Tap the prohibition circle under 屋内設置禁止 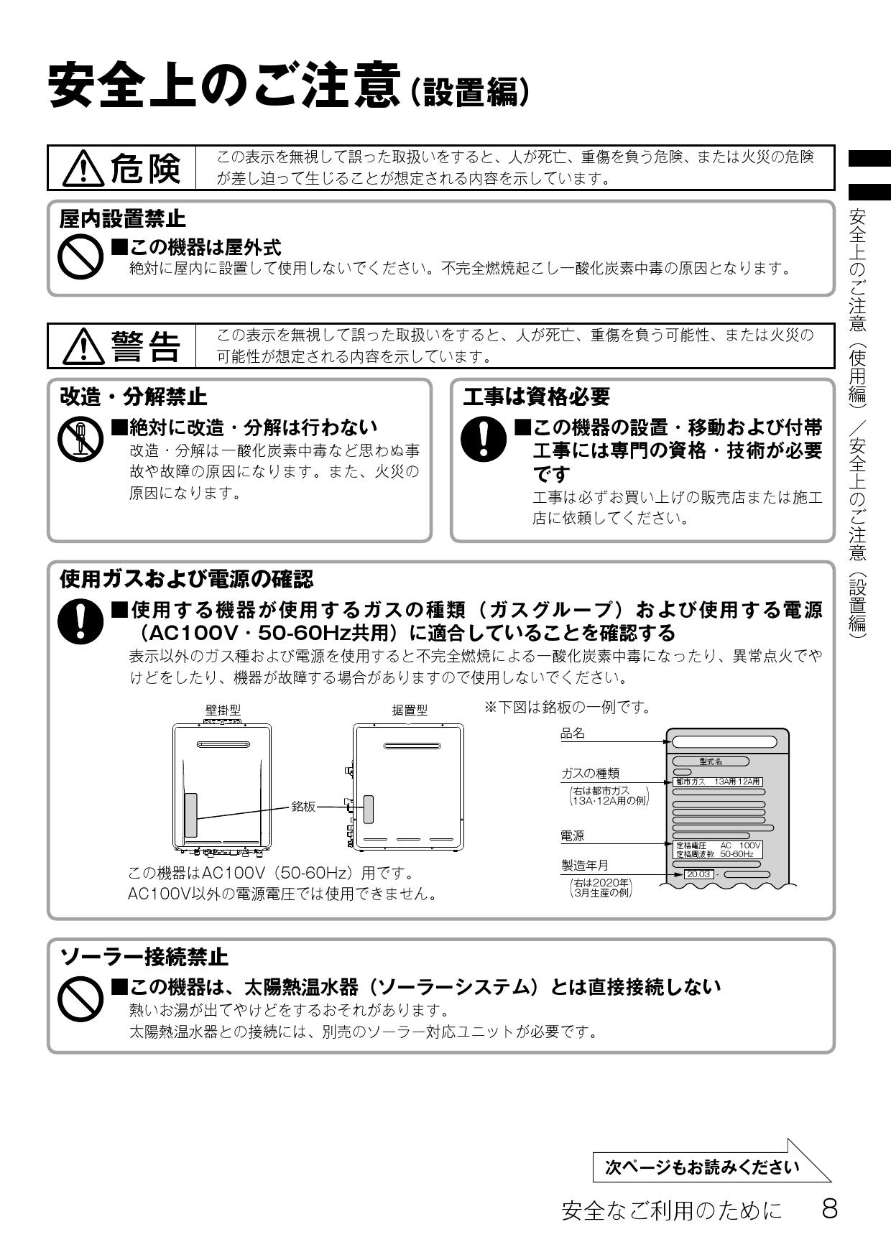(x=80, y=259)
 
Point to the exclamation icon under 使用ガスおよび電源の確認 (x=80, y=621)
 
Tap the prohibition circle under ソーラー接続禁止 (x=80, y=999)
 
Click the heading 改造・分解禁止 (x=133, y=397)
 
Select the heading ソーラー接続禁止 (x=144, y=956)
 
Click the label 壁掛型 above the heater (x=223, y=710)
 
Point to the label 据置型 (x=410, y=710)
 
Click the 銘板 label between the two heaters (x=303, y=807)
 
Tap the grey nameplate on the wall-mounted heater (x=190, y=815)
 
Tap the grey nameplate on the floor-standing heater (x=369, y=809)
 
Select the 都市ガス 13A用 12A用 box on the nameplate (x=716, y=782)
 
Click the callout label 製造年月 (x=584, y=865)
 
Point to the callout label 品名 (x=573, y=733)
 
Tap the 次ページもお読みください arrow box (x=702, y=1167)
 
